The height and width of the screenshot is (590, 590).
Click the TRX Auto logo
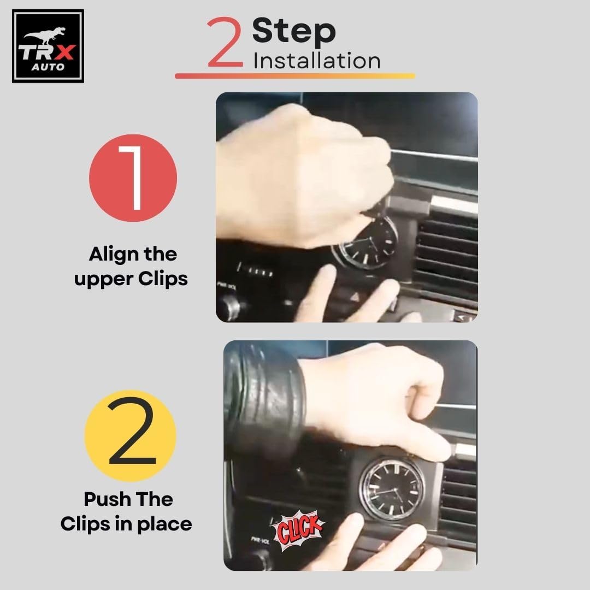[48, 46]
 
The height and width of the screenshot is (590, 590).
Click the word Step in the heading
[294, 32]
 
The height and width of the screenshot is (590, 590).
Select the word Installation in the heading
[317, 61]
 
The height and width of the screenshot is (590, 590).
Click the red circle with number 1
[133, 178]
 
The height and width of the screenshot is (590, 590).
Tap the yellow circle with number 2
[130, 436]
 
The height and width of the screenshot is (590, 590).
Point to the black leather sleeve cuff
[263, 399]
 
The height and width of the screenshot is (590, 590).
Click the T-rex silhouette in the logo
[44, 36]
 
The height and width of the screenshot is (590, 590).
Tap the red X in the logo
[64, 52]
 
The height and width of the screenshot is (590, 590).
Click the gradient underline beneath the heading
[295, 75]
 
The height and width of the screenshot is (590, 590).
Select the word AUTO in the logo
[48, 67]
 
